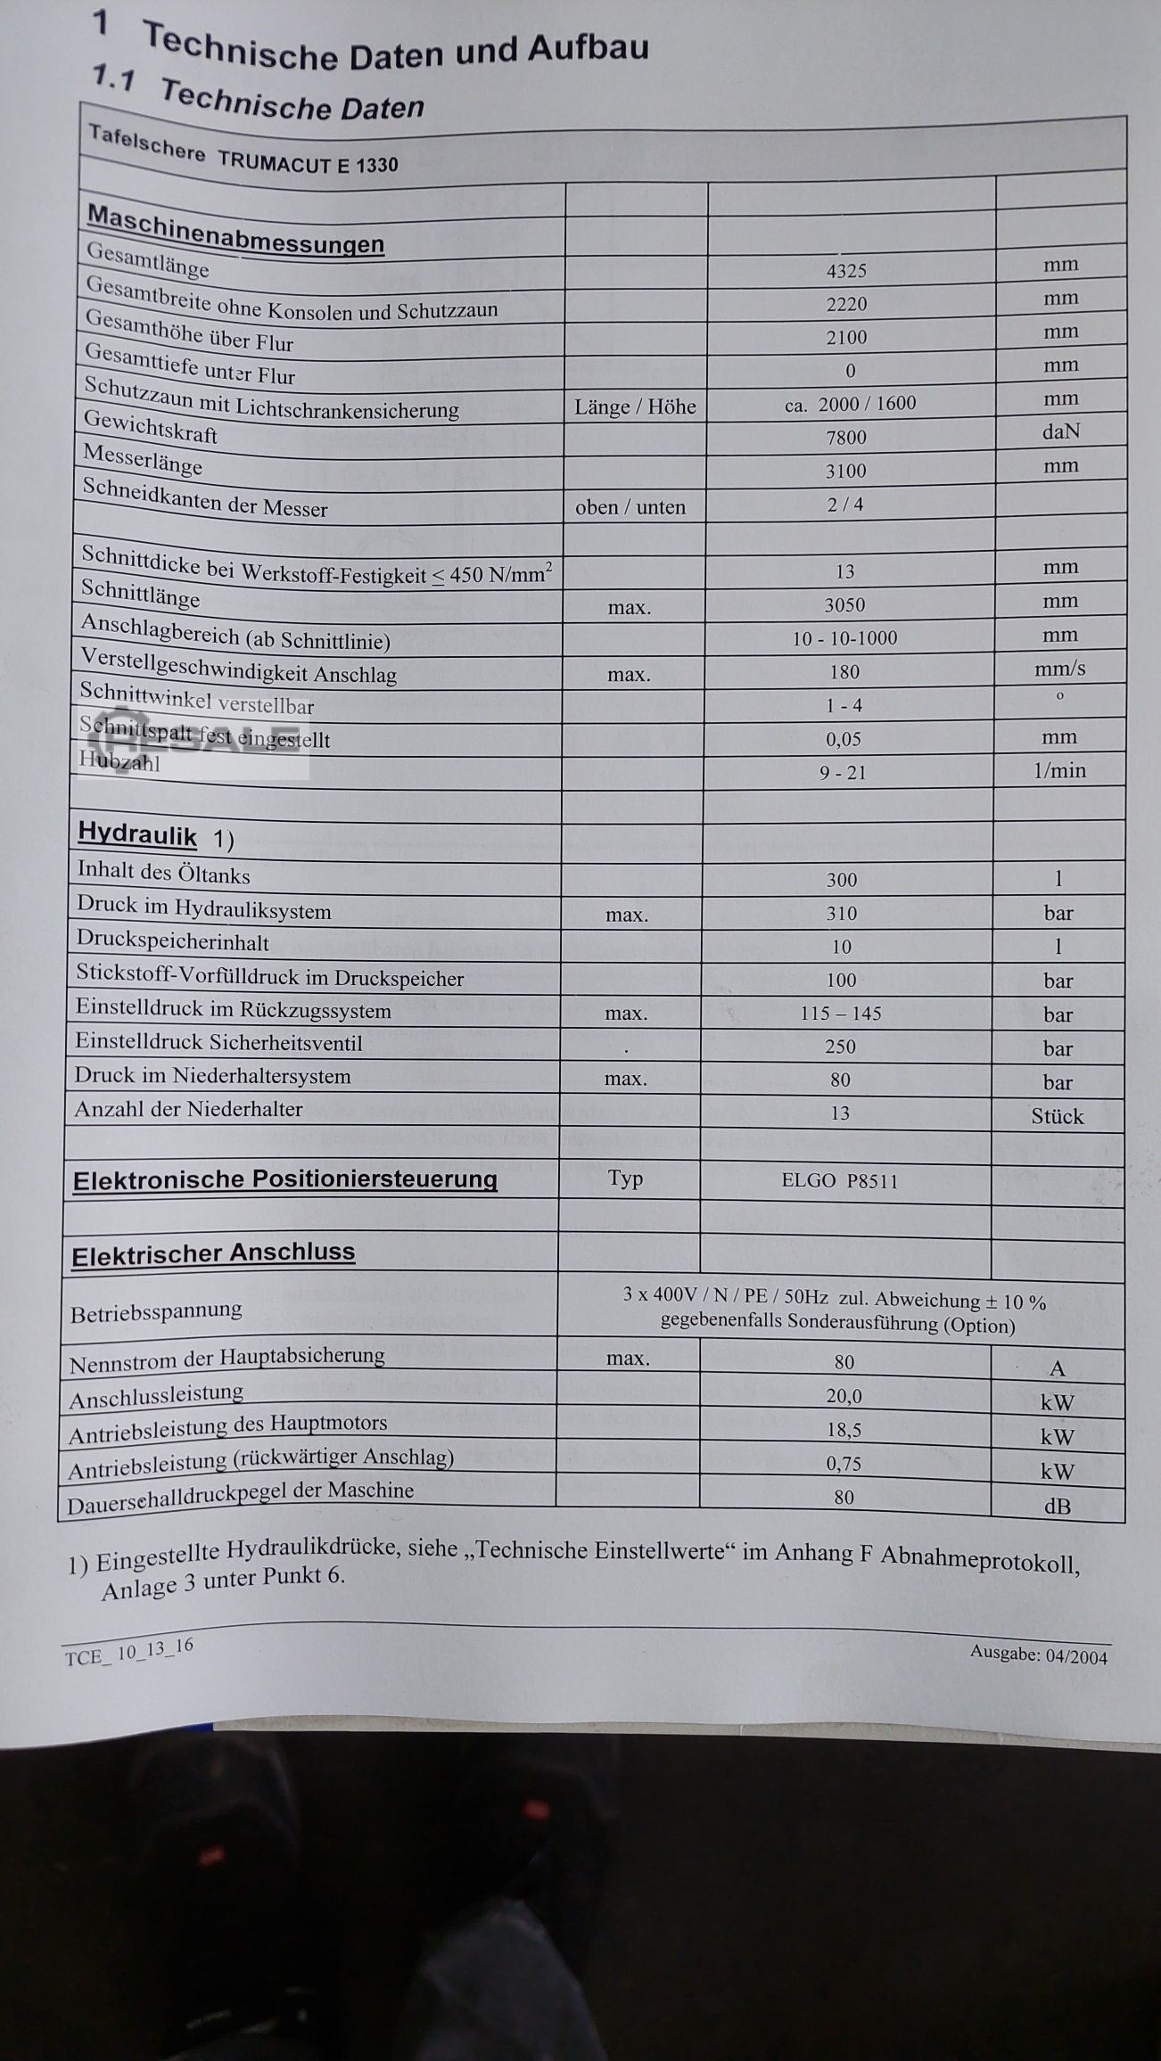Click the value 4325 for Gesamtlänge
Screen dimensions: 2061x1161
coord(846,270)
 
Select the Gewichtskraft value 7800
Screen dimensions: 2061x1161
coord(846,437)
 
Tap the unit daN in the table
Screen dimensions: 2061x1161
coord(1061,431)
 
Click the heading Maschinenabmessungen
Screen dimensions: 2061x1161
coord(235,230)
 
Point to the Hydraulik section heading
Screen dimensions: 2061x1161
coord(137,833)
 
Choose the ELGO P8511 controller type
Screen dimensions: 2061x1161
coord(839,1181)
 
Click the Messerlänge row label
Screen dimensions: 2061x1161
coord(143,459)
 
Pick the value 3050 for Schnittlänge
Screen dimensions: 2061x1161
coord(844,604)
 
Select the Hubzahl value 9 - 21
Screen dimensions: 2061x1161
coord(843,772)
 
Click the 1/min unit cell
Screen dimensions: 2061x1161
coord(1059,770)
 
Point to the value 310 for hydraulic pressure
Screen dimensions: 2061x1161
coord(841,913)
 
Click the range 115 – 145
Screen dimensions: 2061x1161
coord(841,1014)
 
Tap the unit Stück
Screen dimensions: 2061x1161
coord(1058,1116)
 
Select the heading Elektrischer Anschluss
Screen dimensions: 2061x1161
coord(213,1254)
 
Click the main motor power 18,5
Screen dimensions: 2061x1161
coord(844,1430)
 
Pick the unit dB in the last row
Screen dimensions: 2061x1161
coord(1057,1507)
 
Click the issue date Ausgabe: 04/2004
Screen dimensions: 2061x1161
coord(1039,1655)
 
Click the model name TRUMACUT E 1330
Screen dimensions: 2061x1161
coord(308,162)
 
